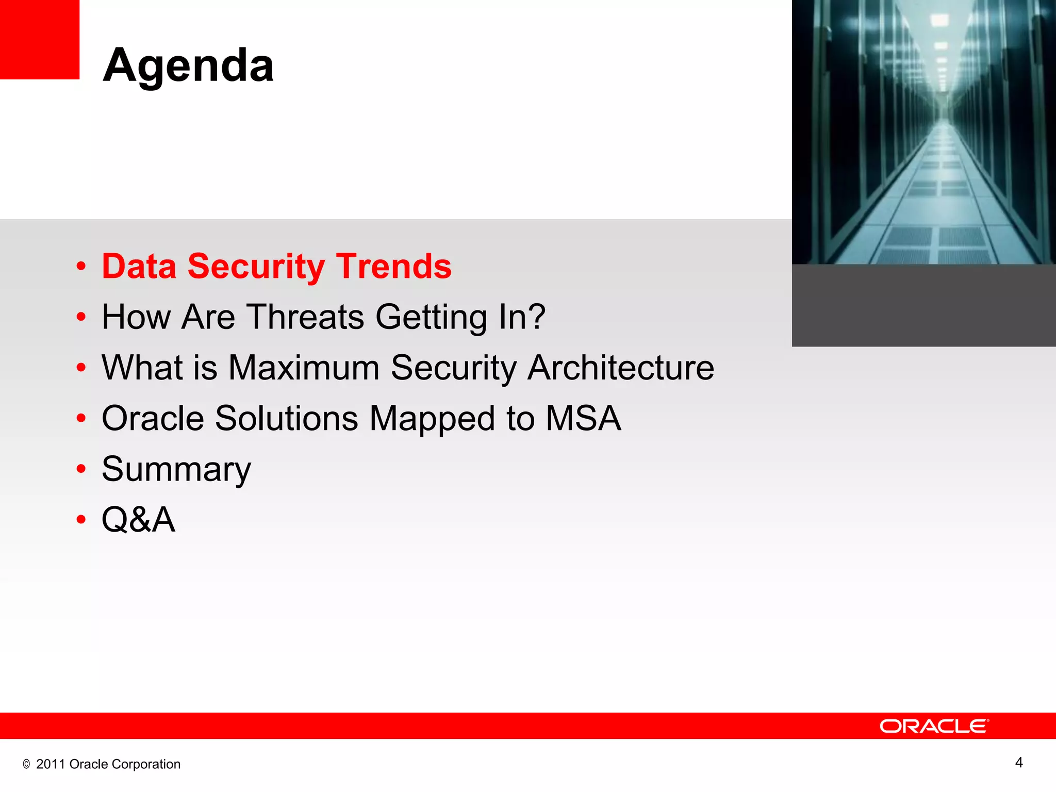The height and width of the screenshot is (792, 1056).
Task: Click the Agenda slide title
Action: (188, 65)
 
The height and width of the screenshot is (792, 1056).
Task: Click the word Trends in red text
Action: (394, 267)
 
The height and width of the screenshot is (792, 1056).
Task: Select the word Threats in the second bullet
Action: (305, 317)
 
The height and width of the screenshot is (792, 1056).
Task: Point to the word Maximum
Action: (304, 368)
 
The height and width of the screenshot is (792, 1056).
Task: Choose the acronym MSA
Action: (583, 418)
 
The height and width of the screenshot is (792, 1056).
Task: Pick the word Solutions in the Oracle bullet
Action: (286, 418)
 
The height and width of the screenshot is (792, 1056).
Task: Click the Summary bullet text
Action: (176, 470)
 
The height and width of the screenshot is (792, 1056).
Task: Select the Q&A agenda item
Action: (138, 520)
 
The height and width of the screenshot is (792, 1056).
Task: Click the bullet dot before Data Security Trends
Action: (81, 267)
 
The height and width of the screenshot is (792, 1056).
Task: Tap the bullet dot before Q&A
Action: (81, 520)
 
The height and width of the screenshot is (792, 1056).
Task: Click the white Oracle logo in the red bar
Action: (934, 726)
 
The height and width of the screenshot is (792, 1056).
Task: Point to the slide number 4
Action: (1018, 763)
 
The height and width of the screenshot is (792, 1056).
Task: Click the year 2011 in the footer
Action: (51, 764)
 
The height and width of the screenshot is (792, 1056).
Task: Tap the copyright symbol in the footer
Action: (26, 765)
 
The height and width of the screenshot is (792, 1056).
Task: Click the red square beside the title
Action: (39, 39)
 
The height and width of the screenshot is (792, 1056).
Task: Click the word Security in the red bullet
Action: (256, 267)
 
